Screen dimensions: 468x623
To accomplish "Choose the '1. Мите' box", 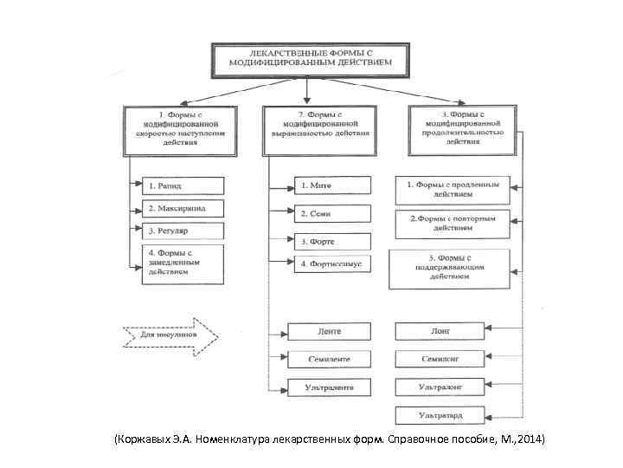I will click(x=333, y=185).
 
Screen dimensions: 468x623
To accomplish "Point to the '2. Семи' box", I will click(x=333, y=213).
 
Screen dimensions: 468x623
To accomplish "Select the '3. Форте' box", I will click(x=333, y=241).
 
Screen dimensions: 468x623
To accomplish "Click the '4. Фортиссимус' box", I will click(x=333, y=263).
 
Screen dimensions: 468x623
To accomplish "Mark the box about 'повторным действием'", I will click(x=453, y=224).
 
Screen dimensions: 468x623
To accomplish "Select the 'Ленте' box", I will click(x=329, y=331).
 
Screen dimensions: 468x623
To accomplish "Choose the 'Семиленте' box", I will click(x=329, y=359).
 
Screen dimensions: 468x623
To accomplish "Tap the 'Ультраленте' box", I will click(x=329, y=387).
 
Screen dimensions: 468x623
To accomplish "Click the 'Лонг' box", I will click(x=440, y=331).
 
